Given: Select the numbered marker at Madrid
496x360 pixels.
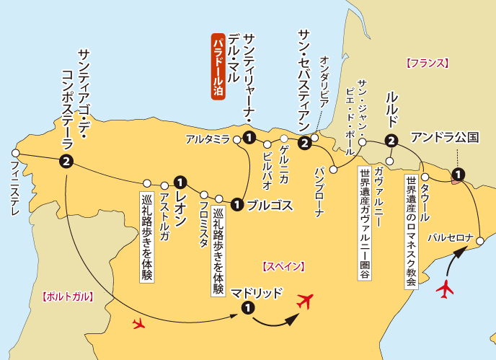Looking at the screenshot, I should click(x=247, y=309).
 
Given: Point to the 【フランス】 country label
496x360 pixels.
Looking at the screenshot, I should click(x=427, y=63).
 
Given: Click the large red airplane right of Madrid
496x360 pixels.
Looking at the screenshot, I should click(x=307, y=301).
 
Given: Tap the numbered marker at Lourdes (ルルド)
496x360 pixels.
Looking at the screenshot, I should click(x=391, y=141).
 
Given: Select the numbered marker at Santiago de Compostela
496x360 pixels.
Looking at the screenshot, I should click(x=66, y=162).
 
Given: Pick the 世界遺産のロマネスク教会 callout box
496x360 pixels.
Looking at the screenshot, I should click(x=410, y=232).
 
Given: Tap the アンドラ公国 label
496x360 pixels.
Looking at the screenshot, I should click(x=454, y=137).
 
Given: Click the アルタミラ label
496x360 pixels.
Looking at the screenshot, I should click(x=207, y=138).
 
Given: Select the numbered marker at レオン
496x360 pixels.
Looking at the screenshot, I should click(x=180, y=181).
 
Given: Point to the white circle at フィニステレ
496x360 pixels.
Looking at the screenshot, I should click(x=15, y=153).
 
